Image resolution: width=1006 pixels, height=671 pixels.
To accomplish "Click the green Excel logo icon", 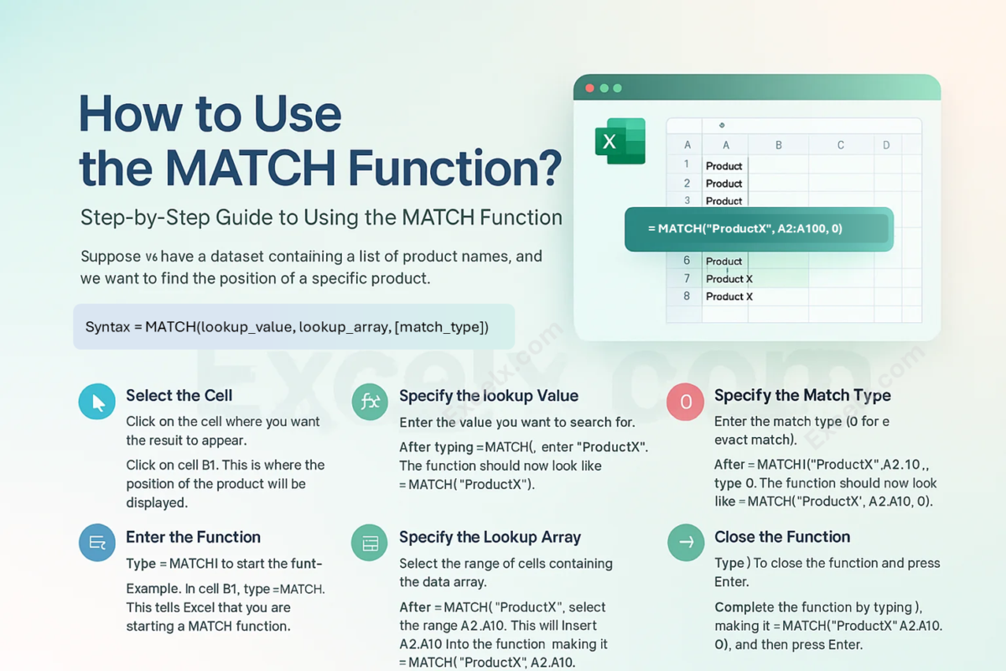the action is (620, 141).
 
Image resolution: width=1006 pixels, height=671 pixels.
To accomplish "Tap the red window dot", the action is (589, 88).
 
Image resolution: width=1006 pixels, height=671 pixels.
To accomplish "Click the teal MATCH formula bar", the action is (759, 229).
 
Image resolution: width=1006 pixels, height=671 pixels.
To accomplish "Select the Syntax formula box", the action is (293, 327).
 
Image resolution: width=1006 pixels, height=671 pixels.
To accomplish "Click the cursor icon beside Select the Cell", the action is (97, 401).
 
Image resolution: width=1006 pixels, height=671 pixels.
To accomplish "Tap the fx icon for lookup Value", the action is (370, 401).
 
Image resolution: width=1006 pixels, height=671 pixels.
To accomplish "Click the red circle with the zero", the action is (686, 401).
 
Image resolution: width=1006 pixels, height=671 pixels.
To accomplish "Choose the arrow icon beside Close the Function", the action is (686, 543).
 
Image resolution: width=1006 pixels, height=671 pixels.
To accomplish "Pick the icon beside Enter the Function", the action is (97, 543).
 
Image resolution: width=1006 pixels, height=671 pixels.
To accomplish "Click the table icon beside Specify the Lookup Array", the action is (370, 543).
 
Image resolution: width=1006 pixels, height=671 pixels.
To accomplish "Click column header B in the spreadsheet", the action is (778, 145).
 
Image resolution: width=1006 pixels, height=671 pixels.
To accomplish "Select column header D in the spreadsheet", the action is (886, 145).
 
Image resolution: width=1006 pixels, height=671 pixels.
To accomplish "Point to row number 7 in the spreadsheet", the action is (687, 278).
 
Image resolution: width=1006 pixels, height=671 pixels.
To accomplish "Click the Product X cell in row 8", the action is (729, 297).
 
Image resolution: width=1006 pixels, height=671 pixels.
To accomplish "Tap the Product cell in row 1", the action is (723, 166).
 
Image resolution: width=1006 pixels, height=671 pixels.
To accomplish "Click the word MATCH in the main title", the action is (251, 168).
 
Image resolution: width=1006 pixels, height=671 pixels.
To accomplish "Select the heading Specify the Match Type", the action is (802, 396).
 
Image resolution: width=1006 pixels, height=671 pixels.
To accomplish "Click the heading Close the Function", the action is (782, 537).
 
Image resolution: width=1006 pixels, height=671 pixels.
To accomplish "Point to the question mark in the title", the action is (550, 168).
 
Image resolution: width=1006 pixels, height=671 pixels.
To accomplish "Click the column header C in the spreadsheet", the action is (840, 145).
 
